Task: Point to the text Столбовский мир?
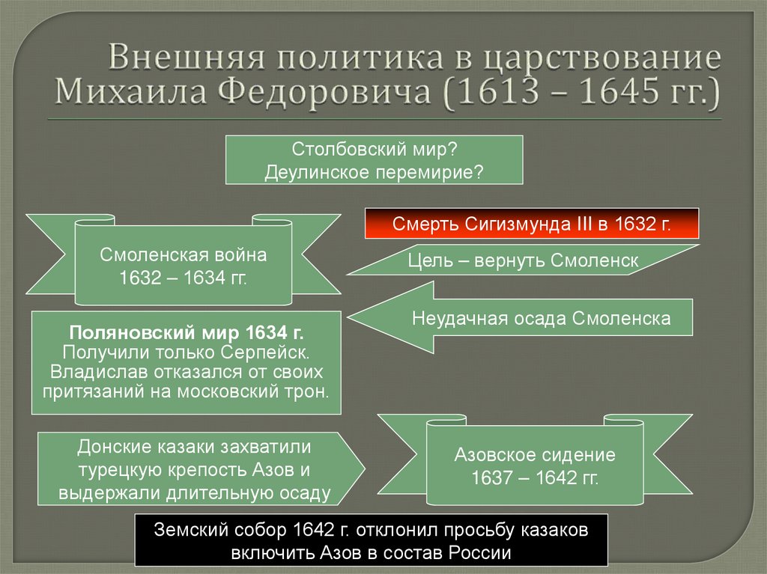click(374, 150)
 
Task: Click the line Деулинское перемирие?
click(374, 171)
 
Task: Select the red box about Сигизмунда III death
click(532, 224)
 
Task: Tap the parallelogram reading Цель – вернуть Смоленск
click(523, 260)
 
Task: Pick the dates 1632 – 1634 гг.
click(184, 278)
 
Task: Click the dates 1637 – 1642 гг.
click(535, 477)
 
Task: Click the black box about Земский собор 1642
click(372, 541)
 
